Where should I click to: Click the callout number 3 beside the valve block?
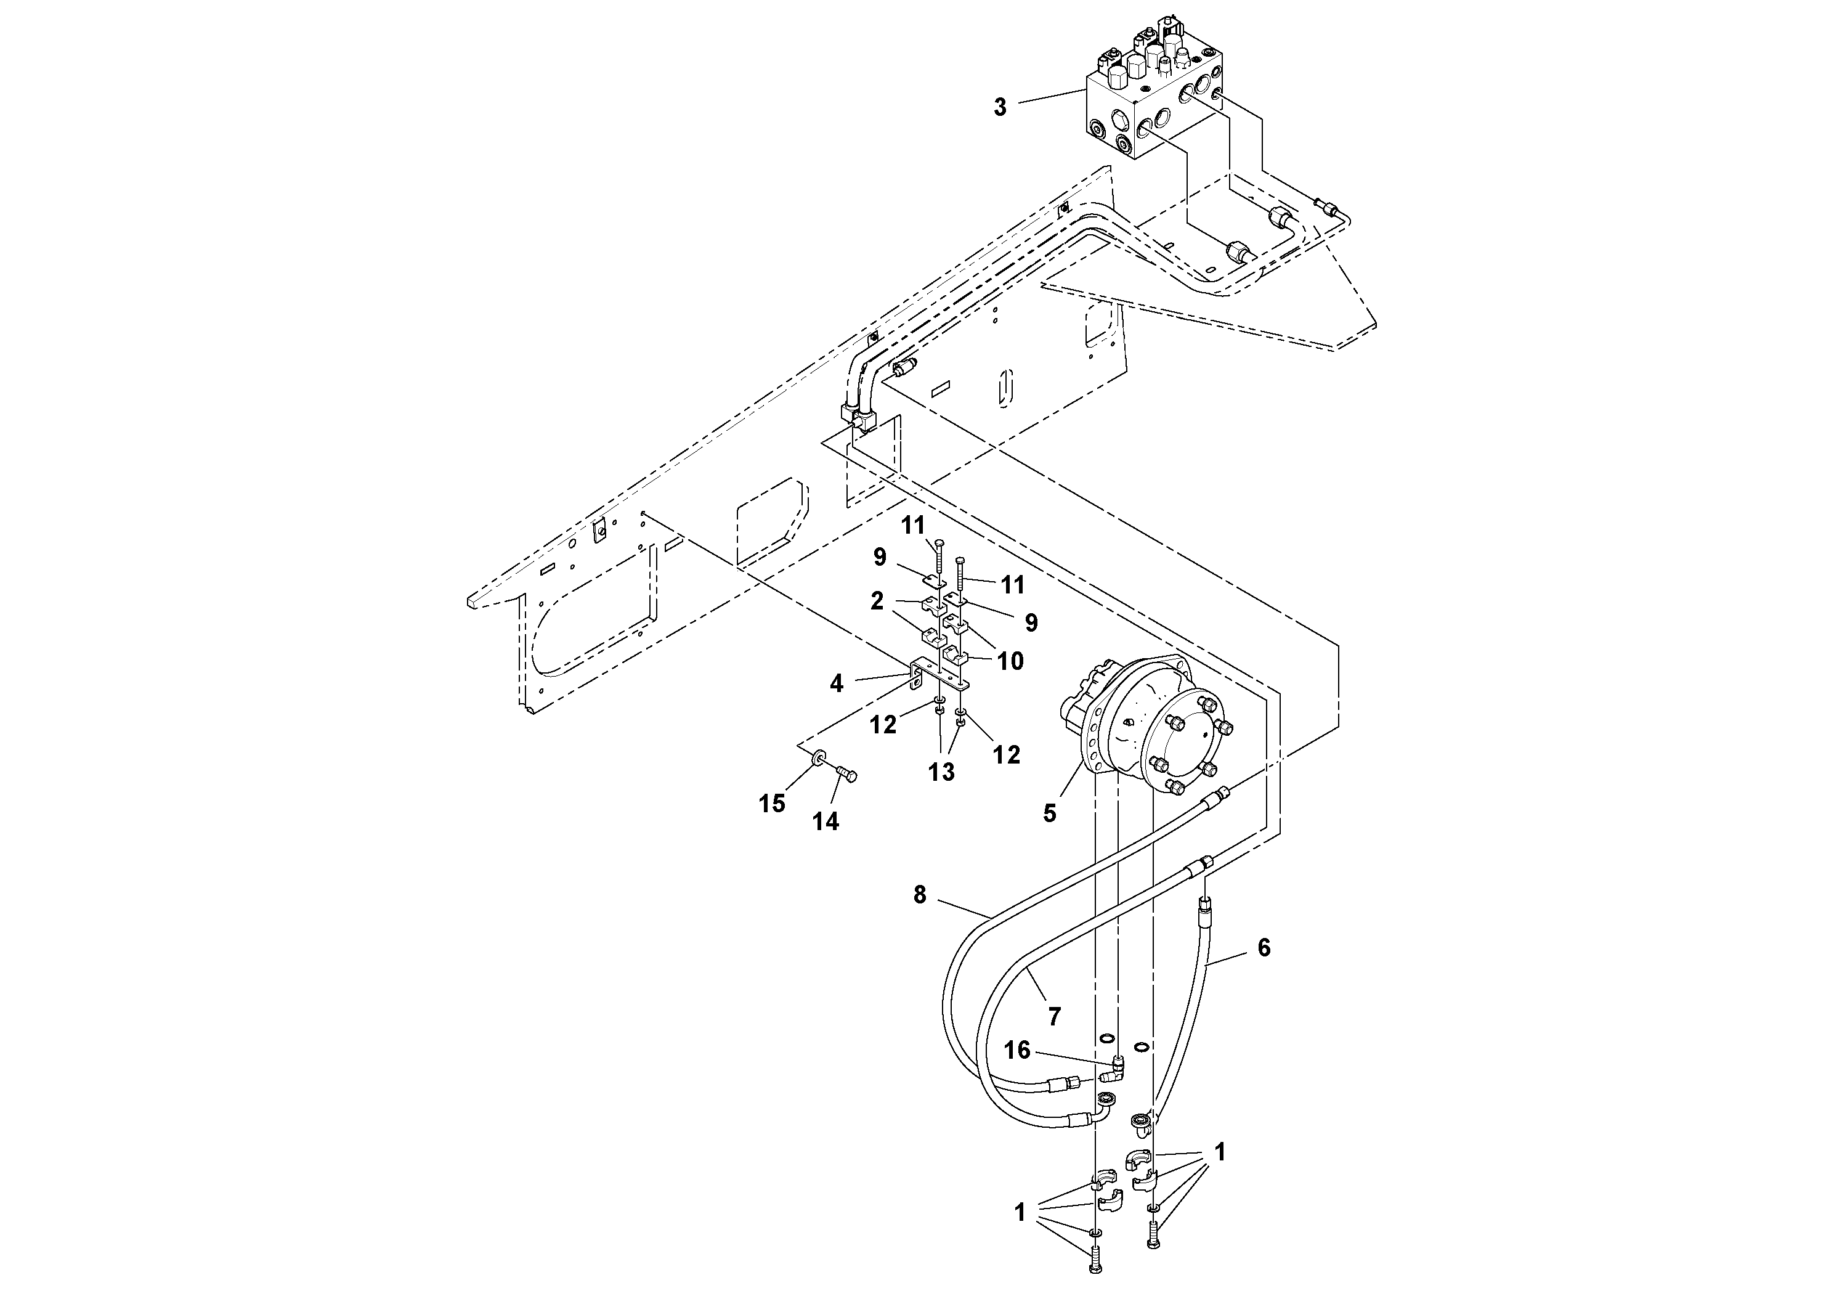(999, 108)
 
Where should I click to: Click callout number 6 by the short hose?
(1263, 948)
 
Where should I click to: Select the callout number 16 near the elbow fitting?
(1017, 1050)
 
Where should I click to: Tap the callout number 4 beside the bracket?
(837, 684)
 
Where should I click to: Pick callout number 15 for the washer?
(772, 804)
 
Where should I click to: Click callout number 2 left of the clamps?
(877, 601)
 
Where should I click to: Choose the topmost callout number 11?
(913, 526)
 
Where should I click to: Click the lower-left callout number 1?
(1019, 1212)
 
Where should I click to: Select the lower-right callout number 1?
(1219, 1152)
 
